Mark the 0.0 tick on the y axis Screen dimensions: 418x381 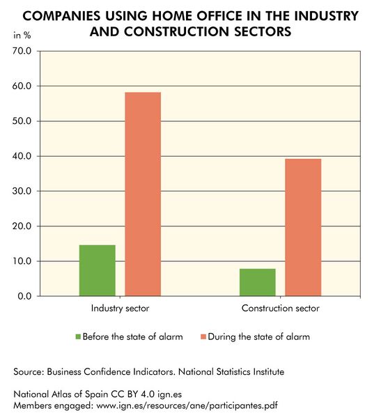click(x=24, y=296)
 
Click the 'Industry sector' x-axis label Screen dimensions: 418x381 click(x=120, y=308)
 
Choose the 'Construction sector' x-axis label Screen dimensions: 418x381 click(x=281, y=308)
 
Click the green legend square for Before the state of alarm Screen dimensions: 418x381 click(x=78, y=336)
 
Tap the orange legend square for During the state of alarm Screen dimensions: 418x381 click(x=203, y=336)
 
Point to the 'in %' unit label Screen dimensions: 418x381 click(x=23, y=35)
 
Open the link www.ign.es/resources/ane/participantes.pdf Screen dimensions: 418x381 click(x=195, y=405)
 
